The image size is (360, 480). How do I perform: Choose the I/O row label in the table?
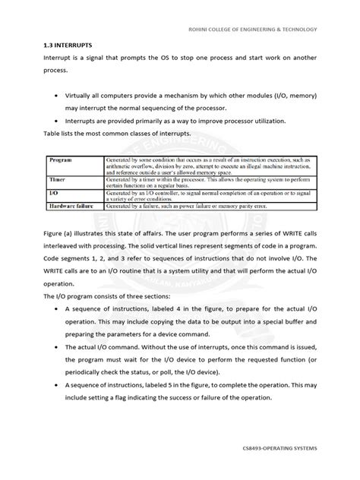click(55, 193)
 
